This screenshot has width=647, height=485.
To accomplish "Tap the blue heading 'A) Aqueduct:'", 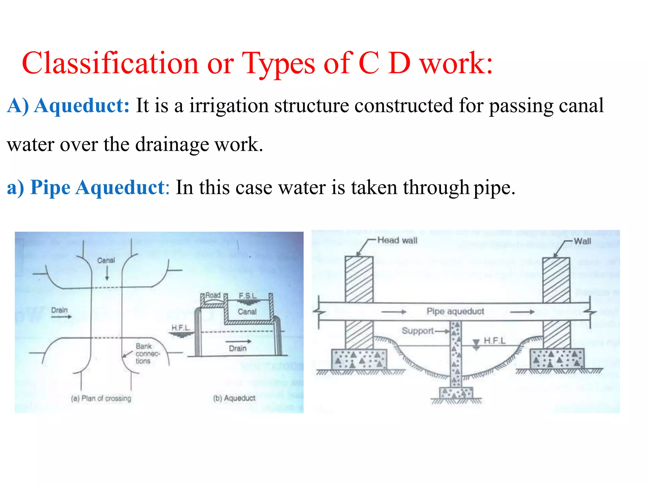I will (x=68, y=105).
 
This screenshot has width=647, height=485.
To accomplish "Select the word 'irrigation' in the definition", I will (x=229, y=105).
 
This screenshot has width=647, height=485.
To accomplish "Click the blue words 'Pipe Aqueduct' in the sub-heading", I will (x=97, y=187).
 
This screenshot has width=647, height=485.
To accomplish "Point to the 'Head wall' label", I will (x=397, y=241).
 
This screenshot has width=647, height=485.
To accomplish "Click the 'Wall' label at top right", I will (x=582, y=241).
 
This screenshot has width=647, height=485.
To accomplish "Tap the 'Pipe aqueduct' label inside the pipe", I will (x=455, y=311).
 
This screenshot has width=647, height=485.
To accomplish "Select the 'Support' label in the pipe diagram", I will (x=417, y=331).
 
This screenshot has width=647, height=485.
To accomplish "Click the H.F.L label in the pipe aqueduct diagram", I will (x=494, y=341).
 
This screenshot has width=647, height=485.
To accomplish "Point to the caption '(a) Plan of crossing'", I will (x=101, y=398).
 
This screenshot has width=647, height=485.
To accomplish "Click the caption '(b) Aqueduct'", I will (x=234, y=398).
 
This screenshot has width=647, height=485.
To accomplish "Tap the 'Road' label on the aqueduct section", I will (x=213, y=296).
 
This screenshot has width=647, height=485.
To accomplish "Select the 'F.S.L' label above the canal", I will (x=248, y=296).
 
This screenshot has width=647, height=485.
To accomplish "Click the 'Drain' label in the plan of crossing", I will (x=59, y=310).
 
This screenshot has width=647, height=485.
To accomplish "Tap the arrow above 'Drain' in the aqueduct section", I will (x=238, y=341).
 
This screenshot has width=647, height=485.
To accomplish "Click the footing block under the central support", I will (x=456, y=393).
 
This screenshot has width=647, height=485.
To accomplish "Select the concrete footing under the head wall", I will (x=359, y=359).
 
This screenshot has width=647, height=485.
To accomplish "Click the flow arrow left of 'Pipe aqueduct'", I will (x=394, y=312).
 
